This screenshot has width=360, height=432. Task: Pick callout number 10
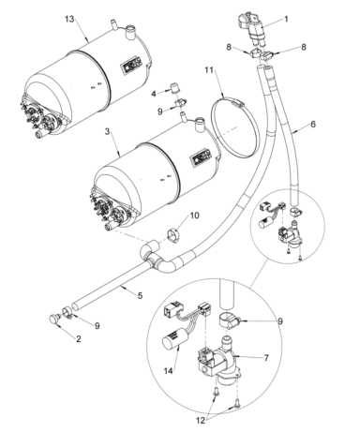[194, 216]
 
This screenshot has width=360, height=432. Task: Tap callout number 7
[267, 357]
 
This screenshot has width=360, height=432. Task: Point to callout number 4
[154, 93]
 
